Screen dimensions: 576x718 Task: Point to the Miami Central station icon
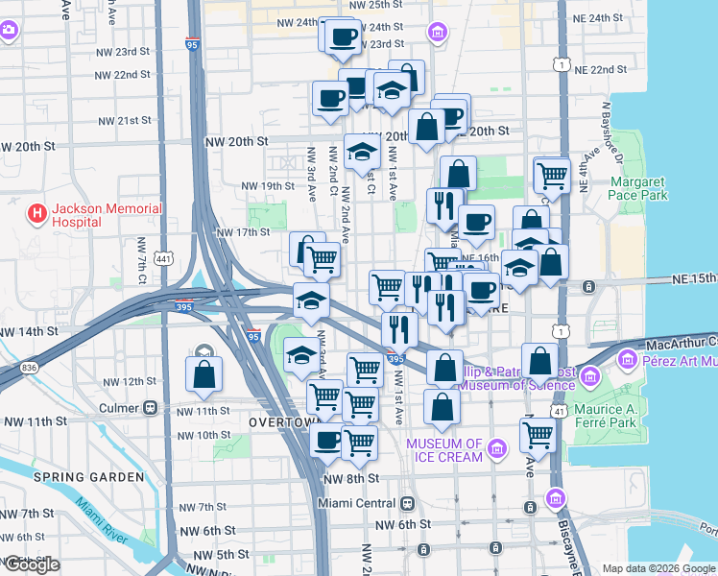(x=408, y=504)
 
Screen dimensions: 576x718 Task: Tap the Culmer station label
(x=120, y=408)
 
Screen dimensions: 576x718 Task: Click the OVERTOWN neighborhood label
(x=282, y=422)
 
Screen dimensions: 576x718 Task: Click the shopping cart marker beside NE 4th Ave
(x=552, y=175)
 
